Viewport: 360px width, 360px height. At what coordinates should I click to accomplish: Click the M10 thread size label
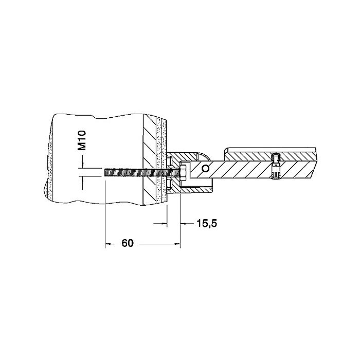pyautogui.click(x=83, y=140)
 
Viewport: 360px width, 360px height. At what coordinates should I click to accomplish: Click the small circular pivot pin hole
pyautogui.click(x=206, y=168)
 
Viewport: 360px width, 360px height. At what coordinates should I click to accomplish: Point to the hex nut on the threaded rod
pyautogui.click(x=184, y=172)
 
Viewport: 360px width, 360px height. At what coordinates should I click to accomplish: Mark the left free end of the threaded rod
pyautogui.click(x=105, y=172)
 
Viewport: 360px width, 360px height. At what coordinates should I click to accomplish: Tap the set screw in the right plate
pyautogui.click(x=275, y=166)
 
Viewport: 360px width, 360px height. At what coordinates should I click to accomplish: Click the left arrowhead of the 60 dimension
pyautogui.click(x=108, y=243)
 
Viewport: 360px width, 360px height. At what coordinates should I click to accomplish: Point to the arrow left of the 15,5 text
pyautogui.click(x=163, y=223)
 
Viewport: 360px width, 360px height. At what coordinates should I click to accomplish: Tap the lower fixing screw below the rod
pyautogui.click(x=169, y=184)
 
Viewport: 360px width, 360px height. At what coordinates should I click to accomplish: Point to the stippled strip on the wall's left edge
pyautogui.click(x=48, y=159)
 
